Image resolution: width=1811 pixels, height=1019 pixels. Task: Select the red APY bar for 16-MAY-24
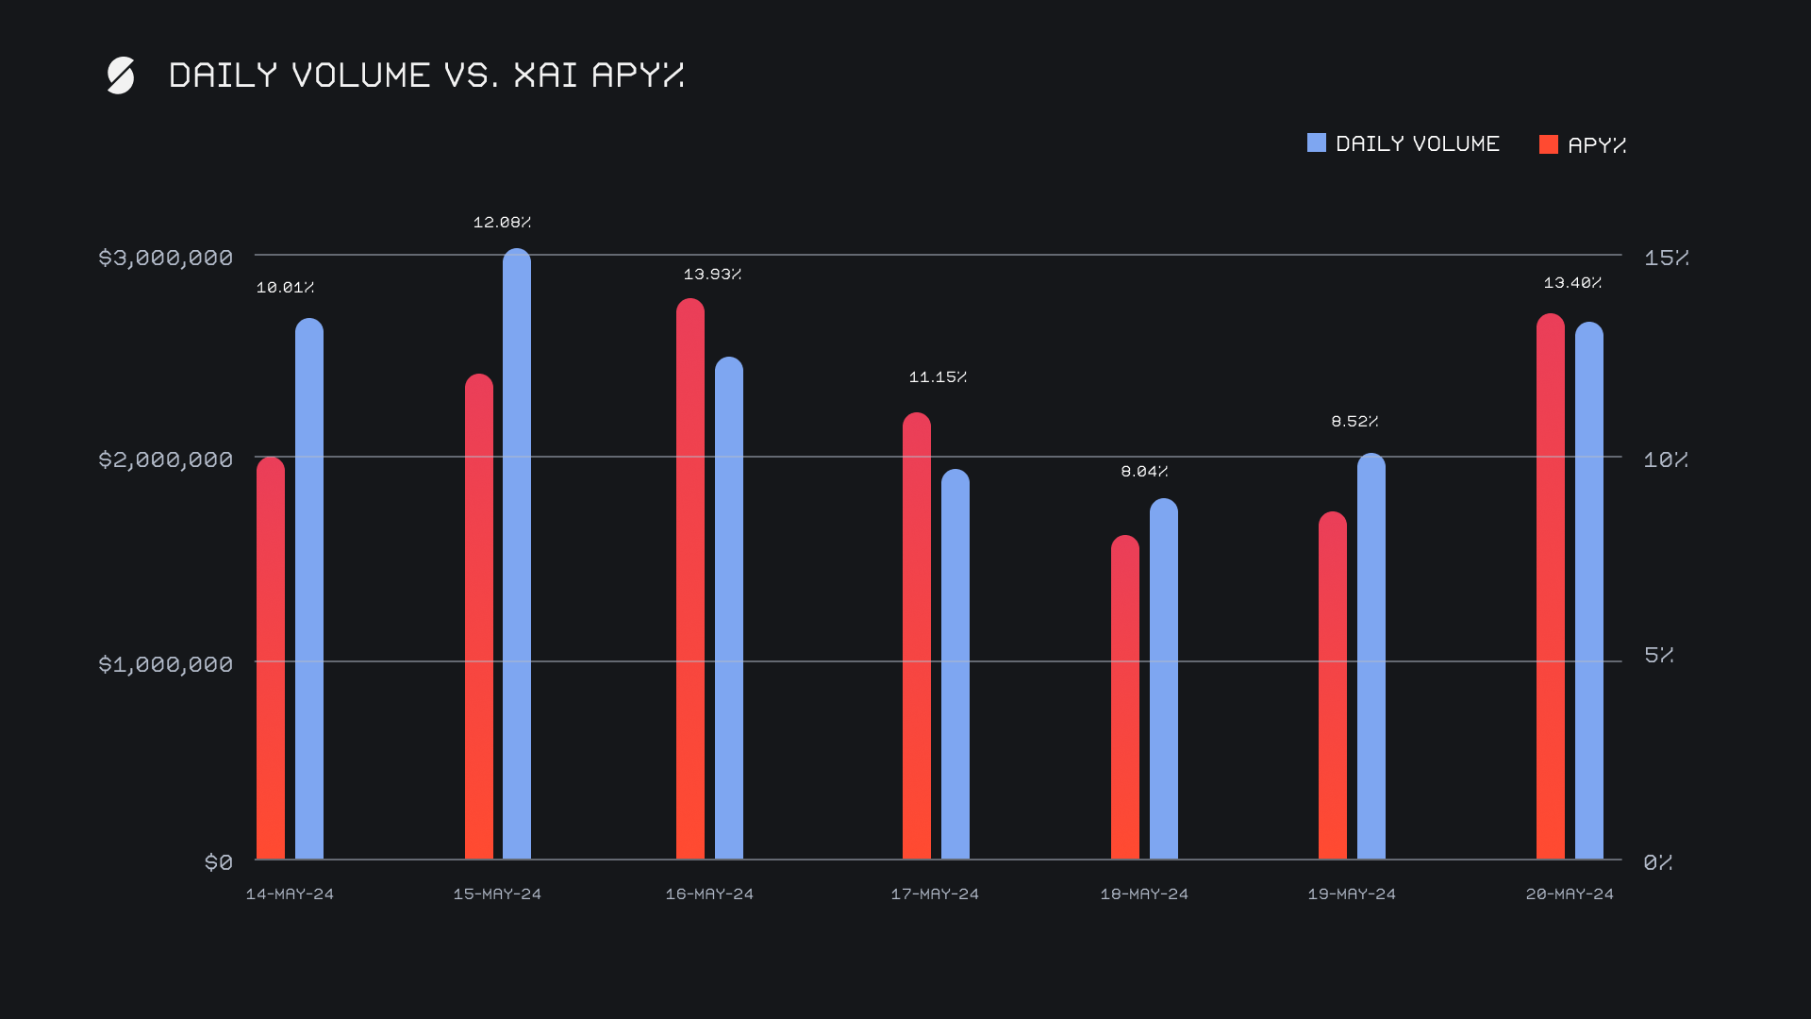click(690, 579)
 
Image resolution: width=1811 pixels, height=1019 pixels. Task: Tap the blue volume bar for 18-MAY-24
click(1164, 679)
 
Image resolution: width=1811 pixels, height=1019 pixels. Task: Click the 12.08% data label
click(502, 223)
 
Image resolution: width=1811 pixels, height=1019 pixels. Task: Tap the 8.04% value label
click(1144, 472)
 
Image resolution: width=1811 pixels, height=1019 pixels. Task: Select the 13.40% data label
click(1572, 283)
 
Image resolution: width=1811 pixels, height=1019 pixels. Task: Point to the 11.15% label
click(938, 377)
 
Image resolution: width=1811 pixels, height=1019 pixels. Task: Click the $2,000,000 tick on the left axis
click(165, 459)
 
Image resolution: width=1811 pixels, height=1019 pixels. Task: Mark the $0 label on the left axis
click(219, 862)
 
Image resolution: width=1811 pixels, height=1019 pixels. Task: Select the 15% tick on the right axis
click(1666, 258)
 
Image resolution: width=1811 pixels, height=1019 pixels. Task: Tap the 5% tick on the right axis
click(1658, 655)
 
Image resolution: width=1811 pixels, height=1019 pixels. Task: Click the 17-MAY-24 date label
click(935, 894)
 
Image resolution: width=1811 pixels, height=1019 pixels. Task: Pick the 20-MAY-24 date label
click(1570, 894)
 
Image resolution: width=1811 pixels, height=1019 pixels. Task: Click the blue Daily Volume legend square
click(1317, 143)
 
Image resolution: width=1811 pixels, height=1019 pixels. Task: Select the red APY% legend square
click(1549, 144)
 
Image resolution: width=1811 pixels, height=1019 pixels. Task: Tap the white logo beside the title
click(121, 75)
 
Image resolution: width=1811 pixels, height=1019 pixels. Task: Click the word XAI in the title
click(545, 75)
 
